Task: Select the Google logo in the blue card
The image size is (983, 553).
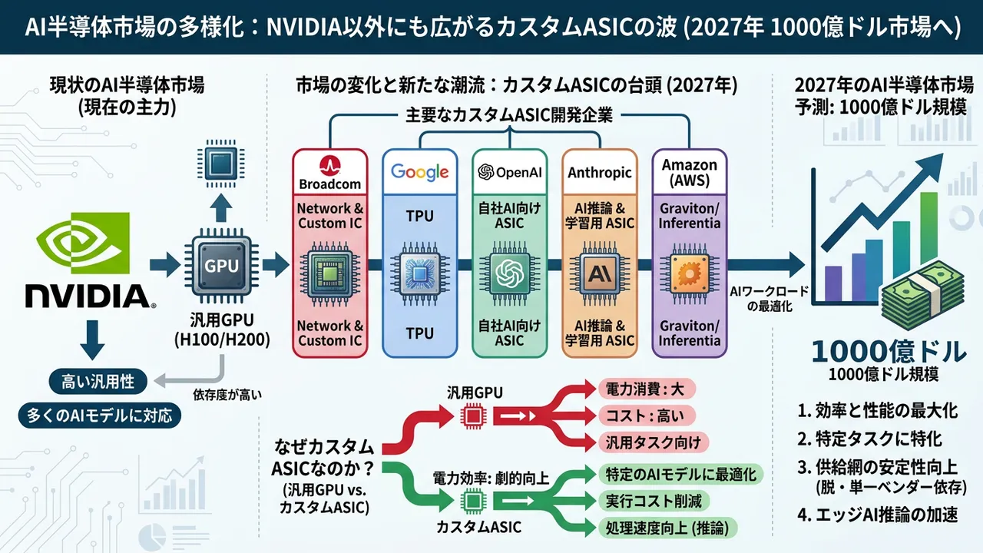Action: point(419,171)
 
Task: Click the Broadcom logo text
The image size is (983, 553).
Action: point(329,184)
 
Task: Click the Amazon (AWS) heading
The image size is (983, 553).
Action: point(689,173)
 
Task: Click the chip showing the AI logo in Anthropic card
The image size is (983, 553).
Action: point(599,273)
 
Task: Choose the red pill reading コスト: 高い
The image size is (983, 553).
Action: point(645,416)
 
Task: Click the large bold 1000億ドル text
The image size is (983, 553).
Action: point(888,353)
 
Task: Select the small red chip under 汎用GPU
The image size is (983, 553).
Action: point(470,416)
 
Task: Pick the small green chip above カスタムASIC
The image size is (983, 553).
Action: point(470,502)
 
